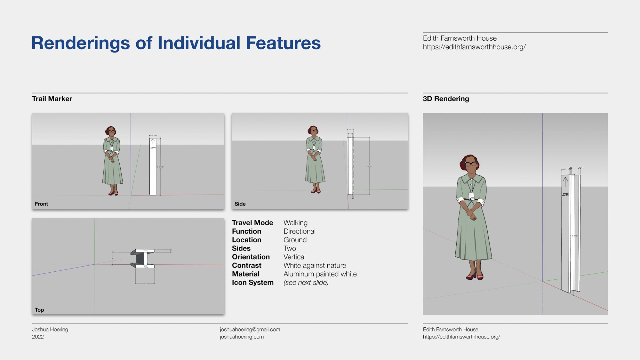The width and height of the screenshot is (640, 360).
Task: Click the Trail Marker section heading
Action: [x=52, y=99]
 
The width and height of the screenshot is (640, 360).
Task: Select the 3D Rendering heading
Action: [x=446, y=99]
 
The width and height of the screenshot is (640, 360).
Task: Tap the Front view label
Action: [x=41, y=204]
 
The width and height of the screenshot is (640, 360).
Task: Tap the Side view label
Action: [x=240, y=204]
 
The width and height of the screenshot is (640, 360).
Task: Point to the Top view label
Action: [x=39, y=310]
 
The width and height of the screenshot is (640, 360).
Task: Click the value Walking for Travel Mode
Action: [x=295, y=223]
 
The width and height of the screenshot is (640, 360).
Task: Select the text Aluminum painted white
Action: [x=320, y=274]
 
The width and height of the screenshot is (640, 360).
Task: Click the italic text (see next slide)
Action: [x=306, y=283]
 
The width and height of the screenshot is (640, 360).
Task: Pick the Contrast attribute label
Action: [x=246, y=266]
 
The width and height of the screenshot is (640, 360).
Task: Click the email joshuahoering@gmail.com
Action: [x=250, y=329]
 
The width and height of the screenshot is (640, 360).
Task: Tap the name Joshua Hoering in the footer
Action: [x=50, y=329]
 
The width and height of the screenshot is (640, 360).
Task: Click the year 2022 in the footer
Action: [x=38, y=337]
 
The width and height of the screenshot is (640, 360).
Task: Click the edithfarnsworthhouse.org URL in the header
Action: [x=474, y=47]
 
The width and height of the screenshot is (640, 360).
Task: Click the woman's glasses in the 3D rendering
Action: [x=471, y=164]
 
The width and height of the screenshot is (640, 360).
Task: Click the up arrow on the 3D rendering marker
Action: [x=565, y=182]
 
